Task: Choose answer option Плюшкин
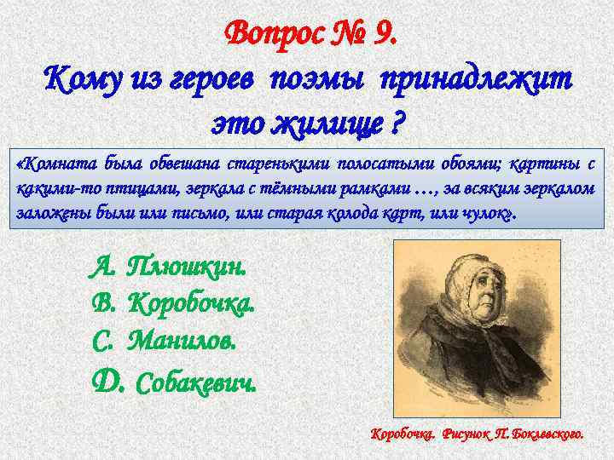pyautogui.click(x=186, y=268)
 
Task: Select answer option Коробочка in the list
pyautogui.click(x=191, y=303)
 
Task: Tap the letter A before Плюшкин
pyautogui.click(x=102, y=268)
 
